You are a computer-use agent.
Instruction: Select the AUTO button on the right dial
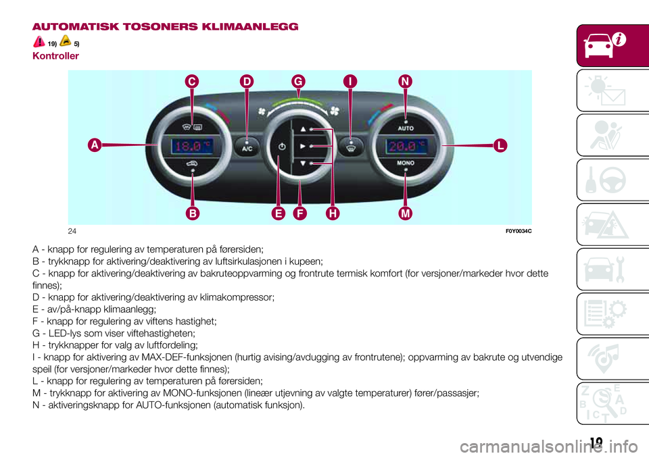click(406, 127)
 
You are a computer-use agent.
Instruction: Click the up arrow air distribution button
click(303, 128)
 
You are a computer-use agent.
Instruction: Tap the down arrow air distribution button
click(303, 163)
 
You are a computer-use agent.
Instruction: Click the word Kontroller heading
click(55, 56)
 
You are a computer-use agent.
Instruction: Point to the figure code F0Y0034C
click(517, 231)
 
